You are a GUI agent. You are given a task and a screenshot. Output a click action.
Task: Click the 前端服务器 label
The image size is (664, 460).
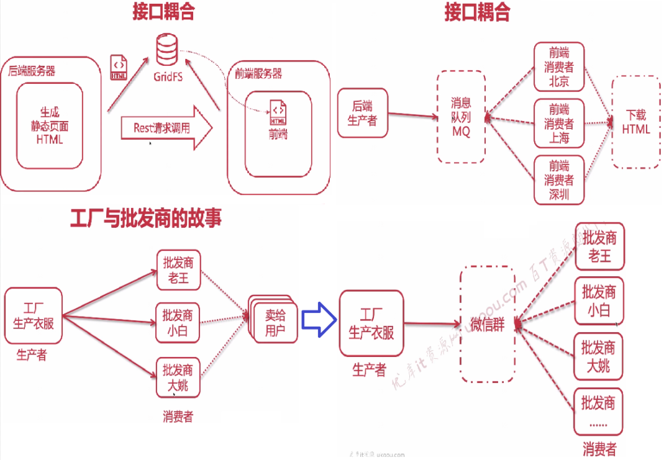point(258,74)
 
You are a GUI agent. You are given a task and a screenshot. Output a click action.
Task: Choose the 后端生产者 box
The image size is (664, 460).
point(362,112)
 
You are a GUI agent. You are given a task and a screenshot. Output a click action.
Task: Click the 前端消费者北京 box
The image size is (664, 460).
point(559,66)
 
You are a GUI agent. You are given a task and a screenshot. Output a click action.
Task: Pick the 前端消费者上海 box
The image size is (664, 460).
point(559,123)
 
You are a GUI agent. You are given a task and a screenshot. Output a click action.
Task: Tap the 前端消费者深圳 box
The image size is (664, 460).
point(559,180)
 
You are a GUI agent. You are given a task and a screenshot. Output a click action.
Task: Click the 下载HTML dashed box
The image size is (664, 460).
point(635,122)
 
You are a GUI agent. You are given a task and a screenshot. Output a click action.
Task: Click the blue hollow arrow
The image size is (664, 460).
point(318,320)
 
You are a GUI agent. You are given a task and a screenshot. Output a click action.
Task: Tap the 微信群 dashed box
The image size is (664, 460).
point(487,324)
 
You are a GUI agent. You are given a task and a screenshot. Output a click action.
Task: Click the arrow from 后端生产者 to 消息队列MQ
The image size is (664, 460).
point(411,115)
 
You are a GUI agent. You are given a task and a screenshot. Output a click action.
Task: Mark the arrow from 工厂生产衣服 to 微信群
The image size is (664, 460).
point(431,323)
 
